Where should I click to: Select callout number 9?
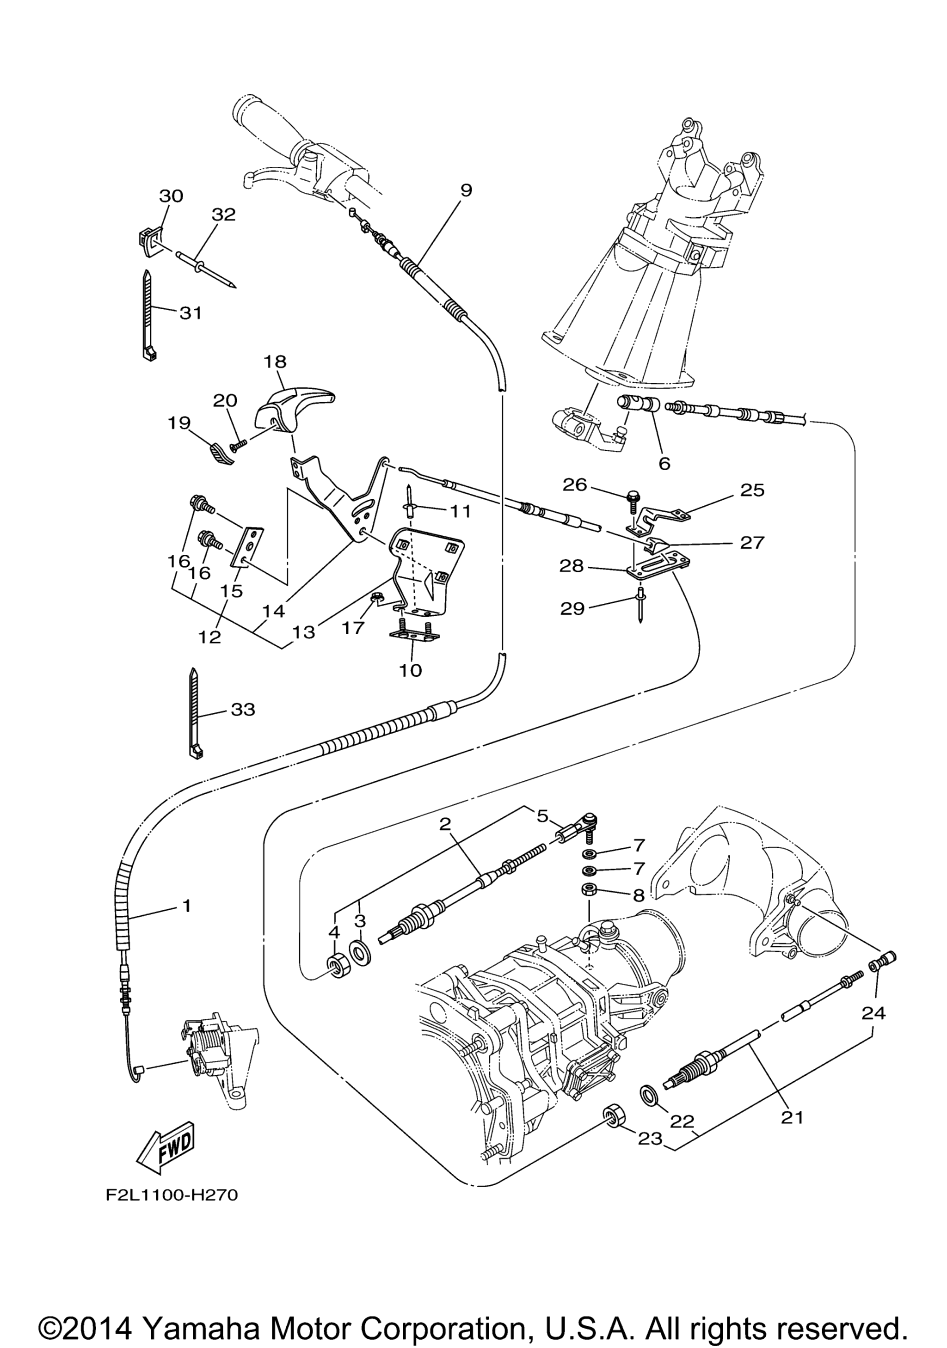click(466, 190)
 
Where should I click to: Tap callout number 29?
click(572, 608)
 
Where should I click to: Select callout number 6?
click(664, 463)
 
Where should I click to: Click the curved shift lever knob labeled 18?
click(295, 410)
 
